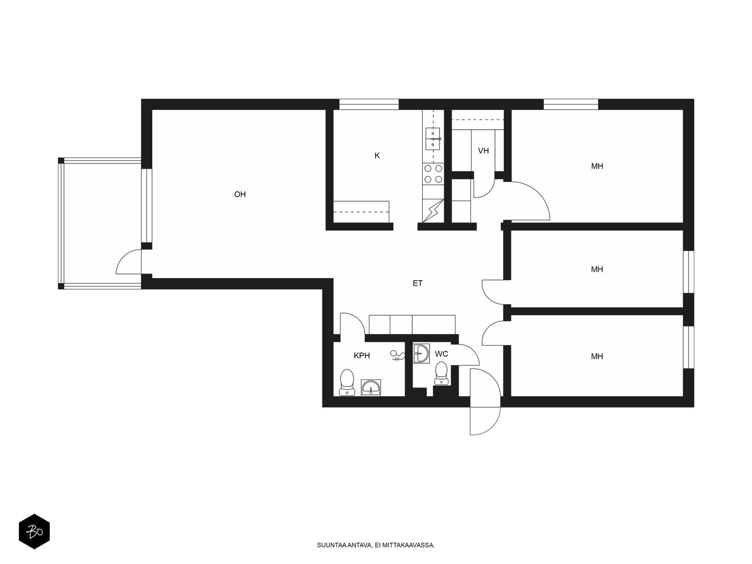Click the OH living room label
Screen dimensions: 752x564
tap(240, 195)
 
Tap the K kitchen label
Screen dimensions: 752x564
tap(377, 156)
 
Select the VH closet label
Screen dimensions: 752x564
tap(484, 151)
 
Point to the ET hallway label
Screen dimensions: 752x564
tap(418, 283)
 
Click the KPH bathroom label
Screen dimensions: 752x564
tap(362, 356)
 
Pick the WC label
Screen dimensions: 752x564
tap(441, 354)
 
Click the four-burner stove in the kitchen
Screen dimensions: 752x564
tap(433, 174)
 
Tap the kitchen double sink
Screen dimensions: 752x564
tap(433, 139)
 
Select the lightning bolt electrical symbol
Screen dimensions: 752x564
tap(433, 211)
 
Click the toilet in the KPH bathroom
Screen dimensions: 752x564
tap(347, 383)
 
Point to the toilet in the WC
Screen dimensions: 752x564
tap(441, 374)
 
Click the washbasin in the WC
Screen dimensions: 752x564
tap(421, 353)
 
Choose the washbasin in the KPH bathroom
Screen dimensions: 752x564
tap(371, 388)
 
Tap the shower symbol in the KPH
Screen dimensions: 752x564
tap(398, 355)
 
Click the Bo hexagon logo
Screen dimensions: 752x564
tap(34, 532)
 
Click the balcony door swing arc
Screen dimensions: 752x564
tap(125, 257)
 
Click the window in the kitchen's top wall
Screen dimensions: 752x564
tap(369, 104)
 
